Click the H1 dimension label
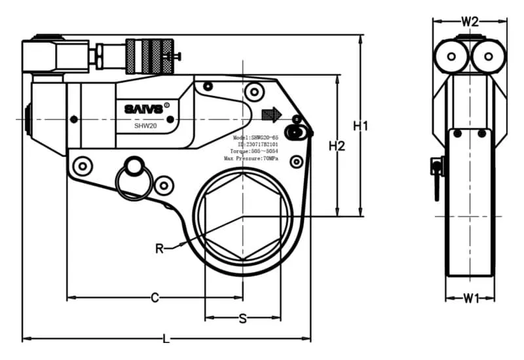361,126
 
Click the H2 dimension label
337,146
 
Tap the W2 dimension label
470,21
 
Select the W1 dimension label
470,298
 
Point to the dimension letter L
166,339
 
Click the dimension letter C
155,298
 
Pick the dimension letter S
242,319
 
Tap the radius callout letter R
159,248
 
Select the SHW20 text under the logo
145,126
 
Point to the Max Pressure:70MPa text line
252,158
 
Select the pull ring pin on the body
134,177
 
